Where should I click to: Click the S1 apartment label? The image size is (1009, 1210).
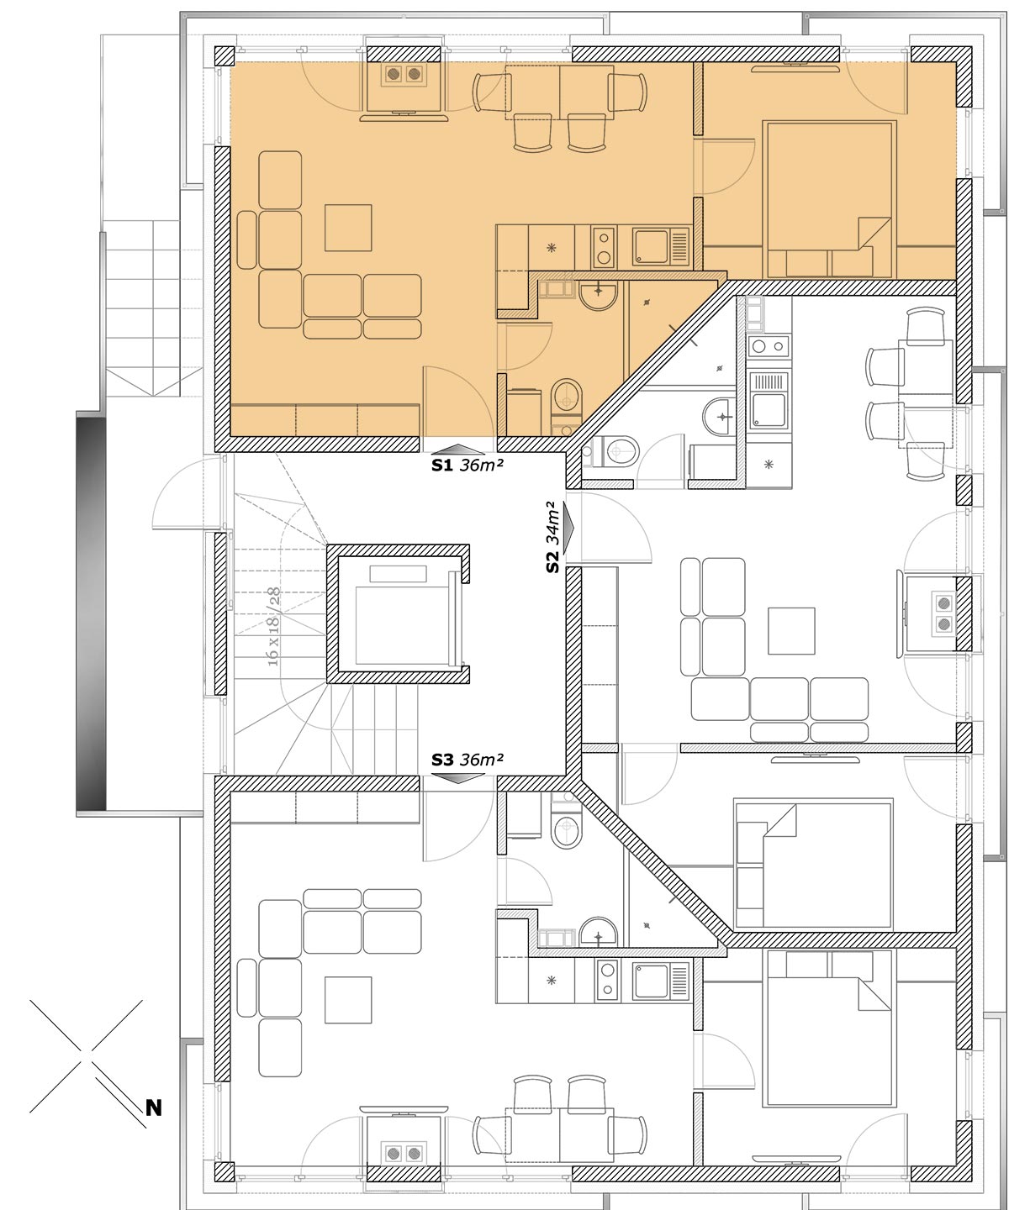467,466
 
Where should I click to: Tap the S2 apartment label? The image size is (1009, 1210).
552,537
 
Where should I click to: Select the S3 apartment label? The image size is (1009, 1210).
467,760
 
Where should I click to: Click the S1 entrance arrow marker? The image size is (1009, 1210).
458,449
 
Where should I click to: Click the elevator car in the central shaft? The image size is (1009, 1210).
401,624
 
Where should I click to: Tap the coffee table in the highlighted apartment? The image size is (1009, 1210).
348,228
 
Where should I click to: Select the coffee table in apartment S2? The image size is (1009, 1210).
791,631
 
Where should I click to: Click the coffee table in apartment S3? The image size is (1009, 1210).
348,1000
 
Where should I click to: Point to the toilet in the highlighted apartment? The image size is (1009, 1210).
566,397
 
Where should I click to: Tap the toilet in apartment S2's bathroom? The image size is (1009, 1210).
617,450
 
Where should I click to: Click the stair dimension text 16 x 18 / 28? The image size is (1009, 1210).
273,627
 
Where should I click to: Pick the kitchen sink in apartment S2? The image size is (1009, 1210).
769,400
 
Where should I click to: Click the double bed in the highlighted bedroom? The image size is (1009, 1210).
829,199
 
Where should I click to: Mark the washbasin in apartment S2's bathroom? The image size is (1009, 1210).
718,416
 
